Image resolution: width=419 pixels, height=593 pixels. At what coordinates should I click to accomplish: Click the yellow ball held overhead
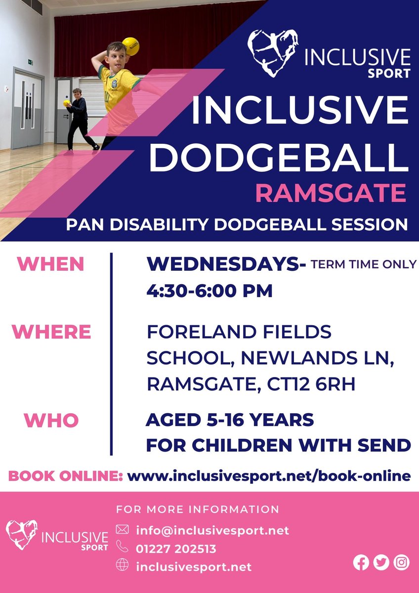tap(130, 46)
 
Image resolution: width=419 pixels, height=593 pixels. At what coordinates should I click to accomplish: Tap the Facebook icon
tap(361, 563)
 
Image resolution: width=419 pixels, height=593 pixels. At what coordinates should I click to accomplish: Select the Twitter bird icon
tap(381, 563)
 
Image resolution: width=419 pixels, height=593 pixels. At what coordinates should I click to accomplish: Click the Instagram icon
tap(402, 563)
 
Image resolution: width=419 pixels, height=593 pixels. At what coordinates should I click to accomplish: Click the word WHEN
tap(51, 265)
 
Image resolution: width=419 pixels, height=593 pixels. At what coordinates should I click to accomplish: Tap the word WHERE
tap(51, 332)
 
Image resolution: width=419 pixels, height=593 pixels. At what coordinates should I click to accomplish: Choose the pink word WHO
tap(51, 421)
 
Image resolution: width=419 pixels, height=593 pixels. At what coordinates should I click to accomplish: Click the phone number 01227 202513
tap(176, 549)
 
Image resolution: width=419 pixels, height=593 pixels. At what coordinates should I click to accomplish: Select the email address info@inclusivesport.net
tap(212, 531)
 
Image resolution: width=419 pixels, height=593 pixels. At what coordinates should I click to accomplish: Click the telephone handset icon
tap(122, 548)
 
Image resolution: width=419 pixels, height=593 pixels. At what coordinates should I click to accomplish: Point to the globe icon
tap(122, 566)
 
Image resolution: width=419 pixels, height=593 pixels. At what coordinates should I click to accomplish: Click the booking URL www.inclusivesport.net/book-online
tap(269, 476)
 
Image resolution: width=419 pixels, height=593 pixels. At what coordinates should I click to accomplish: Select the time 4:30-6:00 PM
tap(209, 291)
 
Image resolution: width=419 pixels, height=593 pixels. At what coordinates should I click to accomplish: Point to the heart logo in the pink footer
tap(22, 534)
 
